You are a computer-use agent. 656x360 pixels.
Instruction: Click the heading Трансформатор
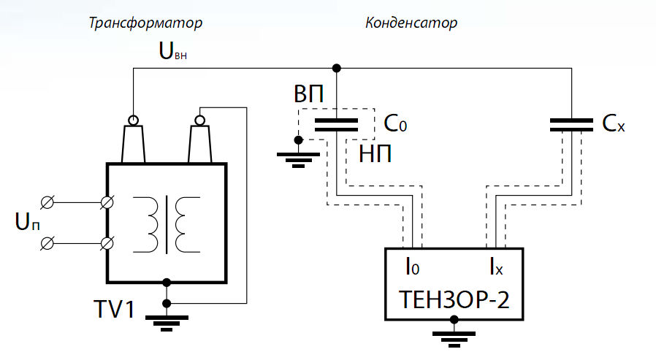(145, 23)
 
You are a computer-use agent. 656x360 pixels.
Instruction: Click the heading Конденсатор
(411, 23)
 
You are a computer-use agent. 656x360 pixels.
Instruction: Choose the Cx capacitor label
(614, 125)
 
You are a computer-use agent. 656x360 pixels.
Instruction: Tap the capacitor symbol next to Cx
(571, 124)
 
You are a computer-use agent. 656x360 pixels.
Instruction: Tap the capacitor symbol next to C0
(336, 124)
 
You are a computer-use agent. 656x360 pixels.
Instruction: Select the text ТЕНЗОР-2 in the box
(453, 299)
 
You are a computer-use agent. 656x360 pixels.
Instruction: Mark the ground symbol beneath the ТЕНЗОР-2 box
(454, 335)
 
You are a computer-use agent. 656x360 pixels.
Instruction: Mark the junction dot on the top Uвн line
(336, 69)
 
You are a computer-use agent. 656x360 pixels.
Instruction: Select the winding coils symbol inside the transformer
(167, 223)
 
